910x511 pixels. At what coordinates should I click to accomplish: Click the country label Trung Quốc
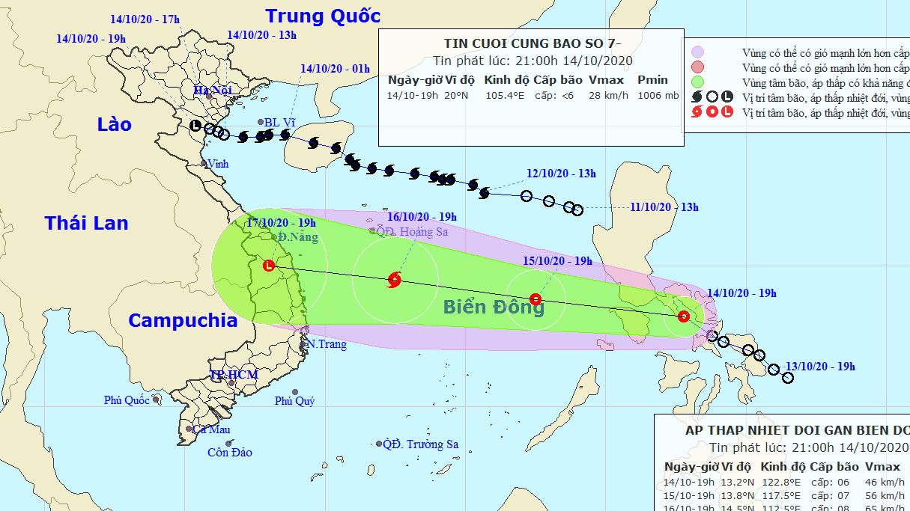point(323,16)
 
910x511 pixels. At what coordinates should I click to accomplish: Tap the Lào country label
point(114,124)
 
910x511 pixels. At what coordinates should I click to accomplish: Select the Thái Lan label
point(86,222)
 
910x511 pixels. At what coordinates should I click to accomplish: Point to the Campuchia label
point(182,321)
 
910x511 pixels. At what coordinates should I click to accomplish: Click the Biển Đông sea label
point(494,306)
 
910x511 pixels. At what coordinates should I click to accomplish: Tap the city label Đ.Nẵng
point(298,238)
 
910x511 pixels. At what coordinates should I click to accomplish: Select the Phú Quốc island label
point(127,400)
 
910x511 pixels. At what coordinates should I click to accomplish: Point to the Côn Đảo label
point(230,452)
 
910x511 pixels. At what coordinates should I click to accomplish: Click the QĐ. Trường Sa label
point(420,444)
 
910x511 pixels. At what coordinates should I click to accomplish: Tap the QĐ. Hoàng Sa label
point(413,231)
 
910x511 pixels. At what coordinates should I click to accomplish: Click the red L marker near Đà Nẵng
point(269,265)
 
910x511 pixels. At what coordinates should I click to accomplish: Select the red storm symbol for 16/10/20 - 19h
point(395,281)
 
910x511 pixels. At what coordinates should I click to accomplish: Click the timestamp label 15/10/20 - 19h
point(558,261)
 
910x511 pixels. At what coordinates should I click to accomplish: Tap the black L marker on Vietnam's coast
point(195,126)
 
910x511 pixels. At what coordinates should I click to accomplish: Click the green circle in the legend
point(698,82)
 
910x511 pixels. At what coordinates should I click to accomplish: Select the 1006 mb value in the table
point(658,96)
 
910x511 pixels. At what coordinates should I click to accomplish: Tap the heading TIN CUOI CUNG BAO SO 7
point(530,43)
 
